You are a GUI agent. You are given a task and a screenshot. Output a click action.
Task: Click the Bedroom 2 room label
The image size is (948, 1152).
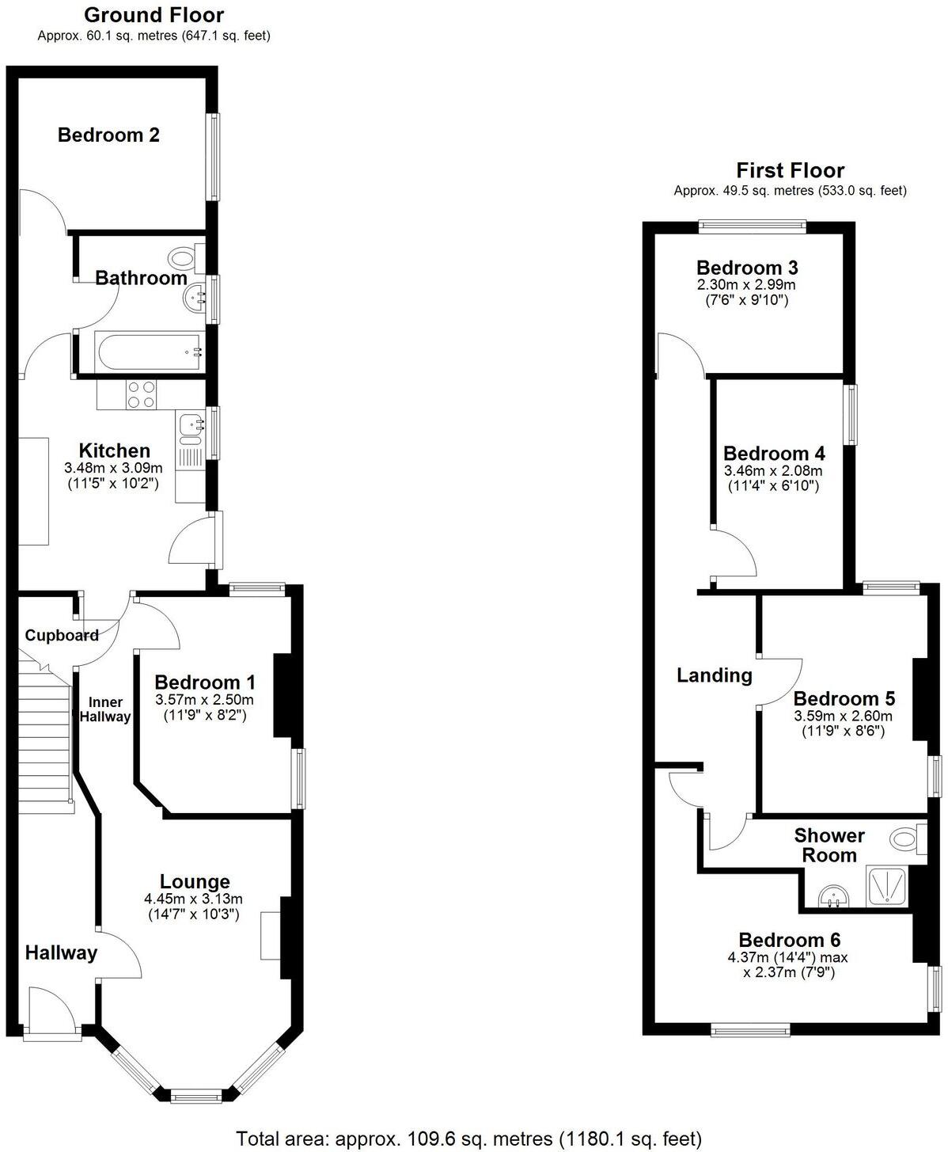point(108,135)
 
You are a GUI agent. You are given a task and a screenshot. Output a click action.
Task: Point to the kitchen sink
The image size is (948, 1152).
point(191,428)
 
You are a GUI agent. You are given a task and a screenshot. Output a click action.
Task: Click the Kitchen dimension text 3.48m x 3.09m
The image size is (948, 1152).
point(114,468)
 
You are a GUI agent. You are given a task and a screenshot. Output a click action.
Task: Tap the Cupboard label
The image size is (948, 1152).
point(62,635)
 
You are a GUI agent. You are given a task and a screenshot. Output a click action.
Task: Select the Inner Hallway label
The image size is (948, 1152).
point(105,709)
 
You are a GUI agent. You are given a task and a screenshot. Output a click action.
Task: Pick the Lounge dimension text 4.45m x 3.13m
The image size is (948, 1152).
point(194,899)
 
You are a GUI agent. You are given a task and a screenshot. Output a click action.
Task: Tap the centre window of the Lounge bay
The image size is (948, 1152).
point(196,1096)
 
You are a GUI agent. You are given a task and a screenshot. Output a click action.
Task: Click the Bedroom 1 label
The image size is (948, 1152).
point(205,682)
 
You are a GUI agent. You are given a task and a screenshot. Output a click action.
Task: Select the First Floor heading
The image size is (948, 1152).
point(790,170)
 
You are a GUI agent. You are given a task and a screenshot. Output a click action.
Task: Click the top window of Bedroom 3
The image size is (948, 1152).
point(753,226)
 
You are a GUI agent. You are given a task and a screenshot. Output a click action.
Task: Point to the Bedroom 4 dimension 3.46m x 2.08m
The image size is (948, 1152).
point(773,470)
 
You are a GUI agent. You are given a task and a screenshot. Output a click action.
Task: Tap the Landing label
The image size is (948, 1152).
point(715,675)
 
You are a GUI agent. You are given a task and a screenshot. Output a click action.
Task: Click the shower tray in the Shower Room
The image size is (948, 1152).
point(889,886)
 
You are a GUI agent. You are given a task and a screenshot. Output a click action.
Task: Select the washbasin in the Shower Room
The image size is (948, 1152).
point(832,896)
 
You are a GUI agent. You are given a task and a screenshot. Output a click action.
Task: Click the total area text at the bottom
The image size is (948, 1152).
point(469,1139)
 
